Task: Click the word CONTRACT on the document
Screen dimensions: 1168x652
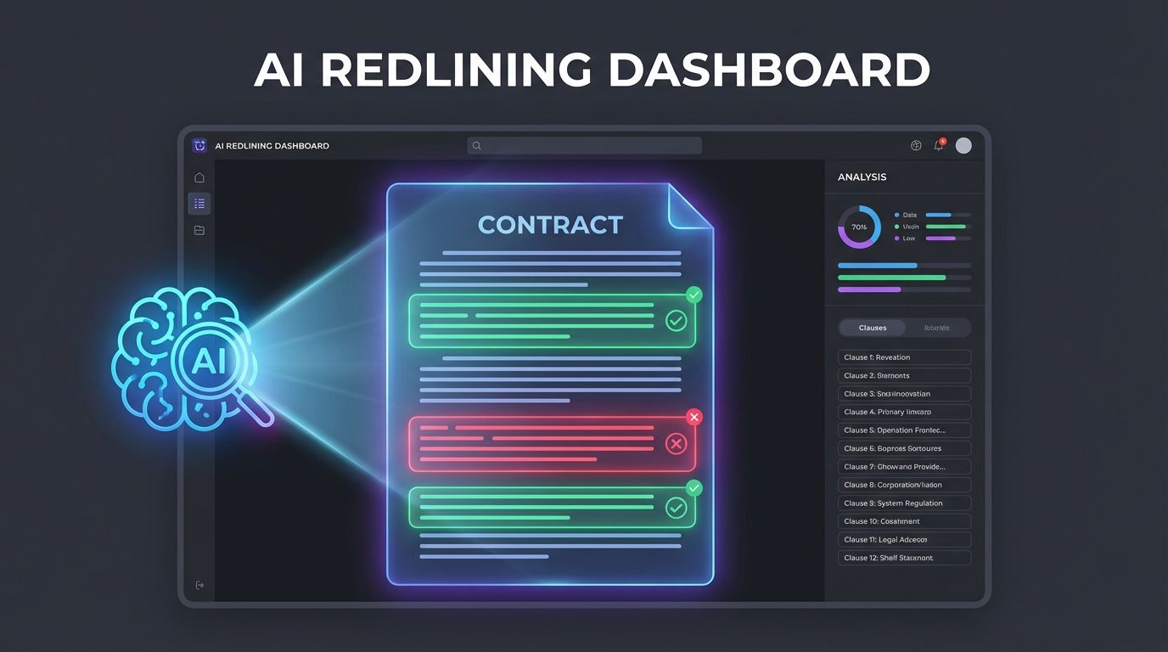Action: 550,225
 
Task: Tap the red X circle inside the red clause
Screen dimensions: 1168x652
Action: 676,443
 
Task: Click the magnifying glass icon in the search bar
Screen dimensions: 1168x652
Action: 477,146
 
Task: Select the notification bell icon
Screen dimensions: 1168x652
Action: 939,145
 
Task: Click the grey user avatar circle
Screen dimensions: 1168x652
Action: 963,145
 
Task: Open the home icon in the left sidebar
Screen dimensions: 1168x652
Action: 199,177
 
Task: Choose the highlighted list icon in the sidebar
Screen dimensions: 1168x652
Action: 199,204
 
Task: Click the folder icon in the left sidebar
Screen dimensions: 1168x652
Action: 199,230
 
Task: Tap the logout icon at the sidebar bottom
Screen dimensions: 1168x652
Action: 199,585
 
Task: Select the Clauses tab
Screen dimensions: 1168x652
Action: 872,328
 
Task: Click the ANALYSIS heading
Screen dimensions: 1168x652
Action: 862,177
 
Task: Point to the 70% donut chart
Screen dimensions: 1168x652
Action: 859,227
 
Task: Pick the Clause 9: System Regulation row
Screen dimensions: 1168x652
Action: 904,503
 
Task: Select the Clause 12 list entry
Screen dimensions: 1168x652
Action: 904,558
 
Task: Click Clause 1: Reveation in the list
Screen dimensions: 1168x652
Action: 904,357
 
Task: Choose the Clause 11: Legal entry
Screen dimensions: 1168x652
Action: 904,540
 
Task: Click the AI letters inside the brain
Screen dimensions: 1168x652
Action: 207,362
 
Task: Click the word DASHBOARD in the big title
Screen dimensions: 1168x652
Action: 769,70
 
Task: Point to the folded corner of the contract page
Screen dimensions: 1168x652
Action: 688,206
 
